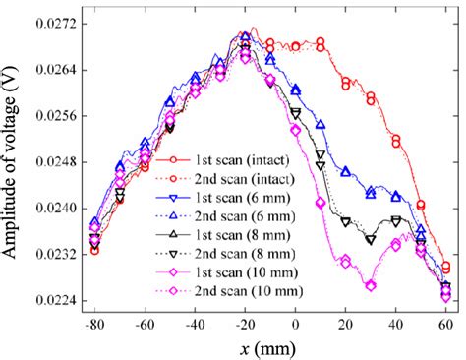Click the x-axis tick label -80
pos(94,322)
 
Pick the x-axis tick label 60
pos(445,322)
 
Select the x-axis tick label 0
pos(296,322)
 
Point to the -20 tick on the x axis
pos(244,322)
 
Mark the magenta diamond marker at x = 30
pos(371,285)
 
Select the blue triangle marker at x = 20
pos(345,171)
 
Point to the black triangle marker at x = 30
pos(371,239)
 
